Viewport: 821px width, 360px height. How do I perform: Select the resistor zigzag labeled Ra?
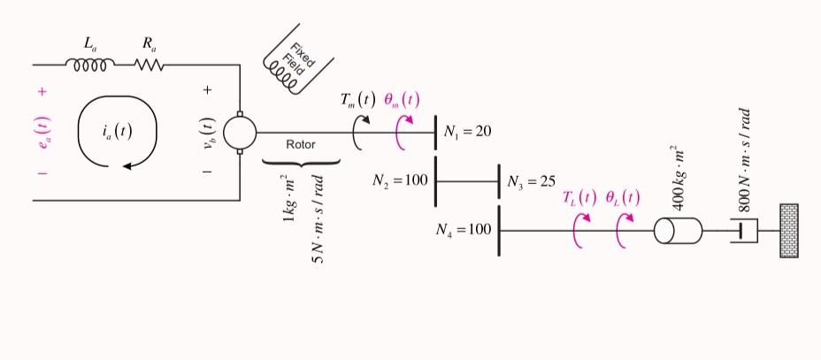tap(149, 65)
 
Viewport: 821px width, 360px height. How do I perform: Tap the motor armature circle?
tap(239, 133)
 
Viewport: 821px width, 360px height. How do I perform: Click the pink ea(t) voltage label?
tap(42, 133)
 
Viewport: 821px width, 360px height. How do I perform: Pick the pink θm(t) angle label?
tap(403, 99)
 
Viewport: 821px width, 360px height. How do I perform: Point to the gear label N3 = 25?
tap(531, 181)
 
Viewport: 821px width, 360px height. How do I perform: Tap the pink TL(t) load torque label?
tap(579, 196)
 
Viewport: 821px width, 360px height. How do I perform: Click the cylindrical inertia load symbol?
tap(677, 231)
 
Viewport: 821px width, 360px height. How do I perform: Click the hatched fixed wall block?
tap(788, 231)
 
